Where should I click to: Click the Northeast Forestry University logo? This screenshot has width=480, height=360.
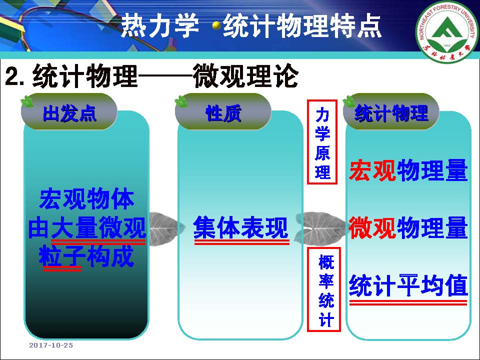(447, 30)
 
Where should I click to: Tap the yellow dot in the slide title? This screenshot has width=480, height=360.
(216, 25)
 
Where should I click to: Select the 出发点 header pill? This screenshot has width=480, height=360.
(69, 112)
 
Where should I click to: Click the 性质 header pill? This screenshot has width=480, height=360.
(223, 112)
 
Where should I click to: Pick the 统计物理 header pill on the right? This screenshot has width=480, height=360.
(391, 112)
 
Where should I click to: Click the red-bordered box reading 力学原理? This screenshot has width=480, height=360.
(322, 142)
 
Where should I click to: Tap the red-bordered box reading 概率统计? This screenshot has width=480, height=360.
(324, 289)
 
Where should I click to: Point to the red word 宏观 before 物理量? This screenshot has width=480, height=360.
(372, 170)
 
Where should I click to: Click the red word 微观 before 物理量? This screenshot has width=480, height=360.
(372, 227)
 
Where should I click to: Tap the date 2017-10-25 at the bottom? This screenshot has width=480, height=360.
(51, 345)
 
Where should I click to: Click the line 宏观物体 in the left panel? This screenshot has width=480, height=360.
(86, 199)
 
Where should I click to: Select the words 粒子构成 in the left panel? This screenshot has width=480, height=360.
(86, 256)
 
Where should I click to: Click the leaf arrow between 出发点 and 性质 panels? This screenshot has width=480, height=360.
(165, 228)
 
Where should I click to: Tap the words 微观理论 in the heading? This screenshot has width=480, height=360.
(245, 76)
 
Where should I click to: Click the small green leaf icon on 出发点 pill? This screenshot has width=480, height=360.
(27, 101)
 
